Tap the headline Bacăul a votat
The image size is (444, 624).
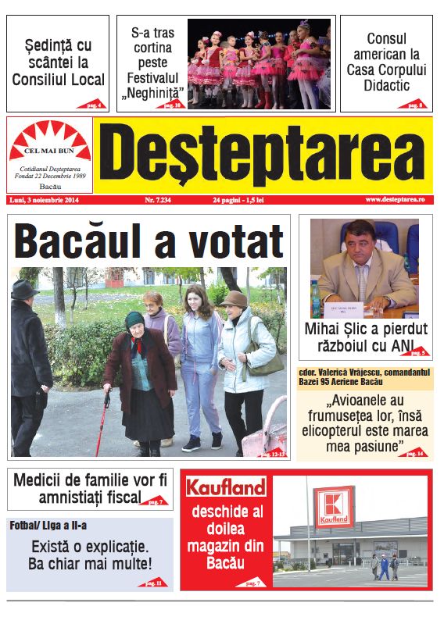point(148,240)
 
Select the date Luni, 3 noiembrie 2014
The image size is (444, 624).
point(46,201)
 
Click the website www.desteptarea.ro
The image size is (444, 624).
point(394,201)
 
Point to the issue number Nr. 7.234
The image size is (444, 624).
point(161,201)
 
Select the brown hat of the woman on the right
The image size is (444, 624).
point(233,299)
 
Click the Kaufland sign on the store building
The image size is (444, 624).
point(333,508)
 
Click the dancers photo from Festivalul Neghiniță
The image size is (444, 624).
point(258,63)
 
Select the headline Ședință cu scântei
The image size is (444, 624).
point(58,62)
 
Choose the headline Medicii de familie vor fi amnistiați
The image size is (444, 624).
point(90,489)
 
